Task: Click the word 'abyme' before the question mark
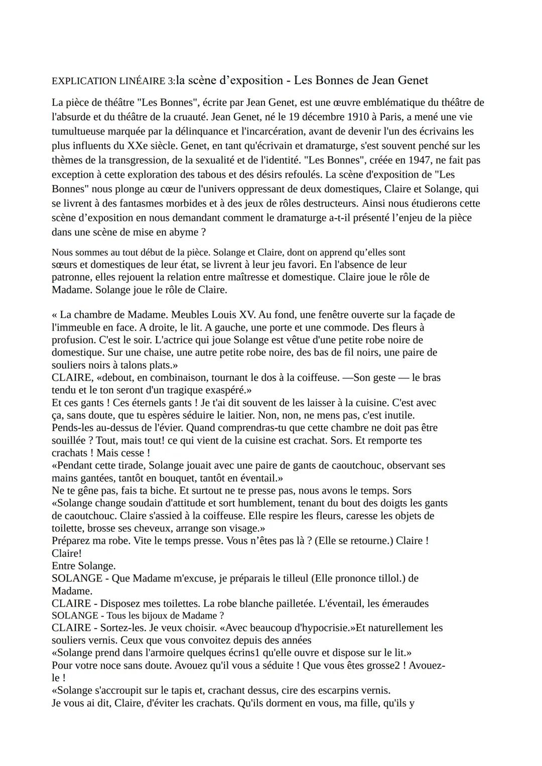178,232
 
